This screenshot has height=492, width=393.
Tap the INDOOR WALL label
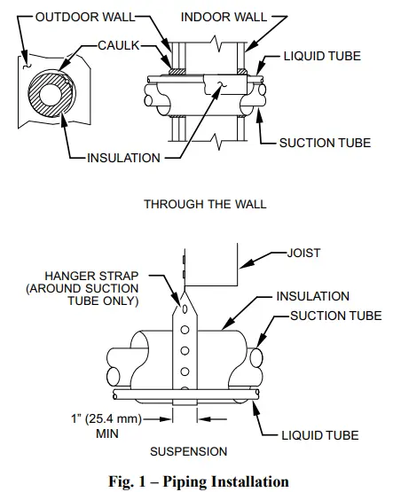tap(220, 17)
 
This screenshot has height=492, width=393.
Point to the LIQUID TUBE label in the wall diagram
tap(323, 57)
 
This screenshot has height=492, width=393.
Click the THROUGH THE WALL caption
tap(205, 204)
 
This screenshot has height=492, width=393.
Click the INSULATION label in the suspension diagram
tap(312, 296)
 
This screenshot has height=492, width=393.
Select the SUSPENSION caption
tap(188, 451)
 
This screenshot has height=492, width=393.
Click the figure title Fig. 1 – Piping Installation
tap(197, 481)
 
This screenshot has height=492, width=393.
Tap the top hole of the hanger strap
tap(184, 310)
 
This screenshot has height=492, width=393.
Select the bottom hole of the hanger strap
tap(184, 386)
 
